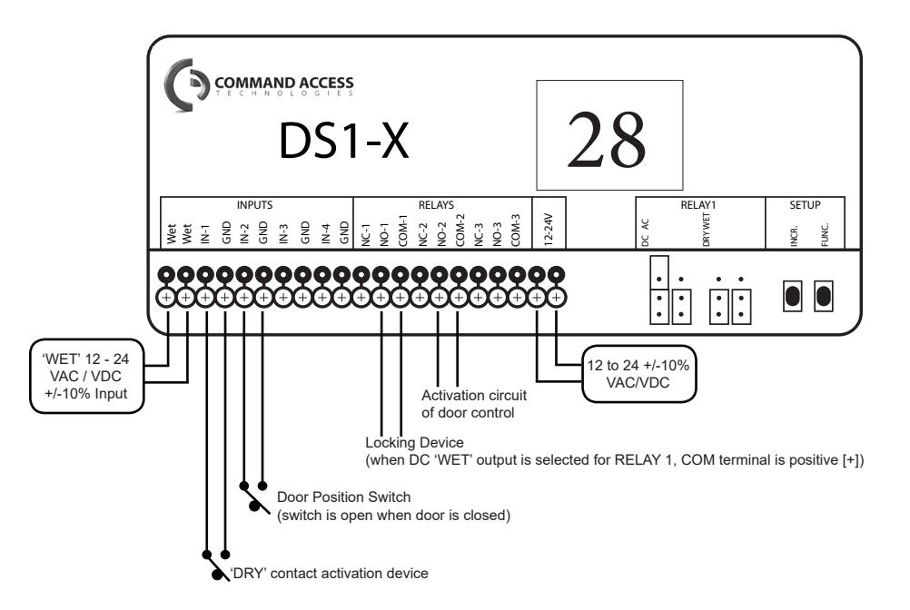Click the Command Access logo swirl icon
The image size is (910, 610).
tap(185, 84)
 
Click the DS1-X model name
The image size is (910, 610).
tap(344, 141)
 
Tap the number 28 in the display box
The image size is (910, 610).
tap(607, 139)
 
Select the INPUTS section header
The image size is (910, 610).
tap(254, 205)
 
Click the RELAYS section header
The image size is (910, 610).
tap(436, 205)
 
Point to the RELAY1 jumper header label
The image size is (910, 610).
tap(698, 205)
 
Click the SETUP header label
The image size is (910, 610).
tap(805, 205)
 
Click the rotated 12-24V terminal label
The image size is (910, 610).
tap(549, 230)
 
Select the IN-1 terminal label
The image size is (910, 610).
tap(205, 234)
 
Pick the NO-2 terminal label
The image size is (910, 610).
tap(441, 233)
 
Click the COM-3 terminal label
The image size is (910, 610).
tap(515, 231)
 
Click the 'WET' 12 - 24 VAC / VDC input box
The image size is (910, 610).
tap(86, 377)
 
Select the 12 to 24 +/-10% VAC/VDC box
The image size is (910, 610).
tap(638, 374)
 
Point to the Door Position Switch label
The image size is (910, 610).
tap(343, 497)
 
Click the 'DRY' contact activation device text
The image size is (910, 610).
tap(330, 574)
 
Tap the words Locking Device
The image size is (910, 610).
tap(414, 443)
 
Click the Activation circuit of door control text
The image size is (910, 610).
tap(473, 404)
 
